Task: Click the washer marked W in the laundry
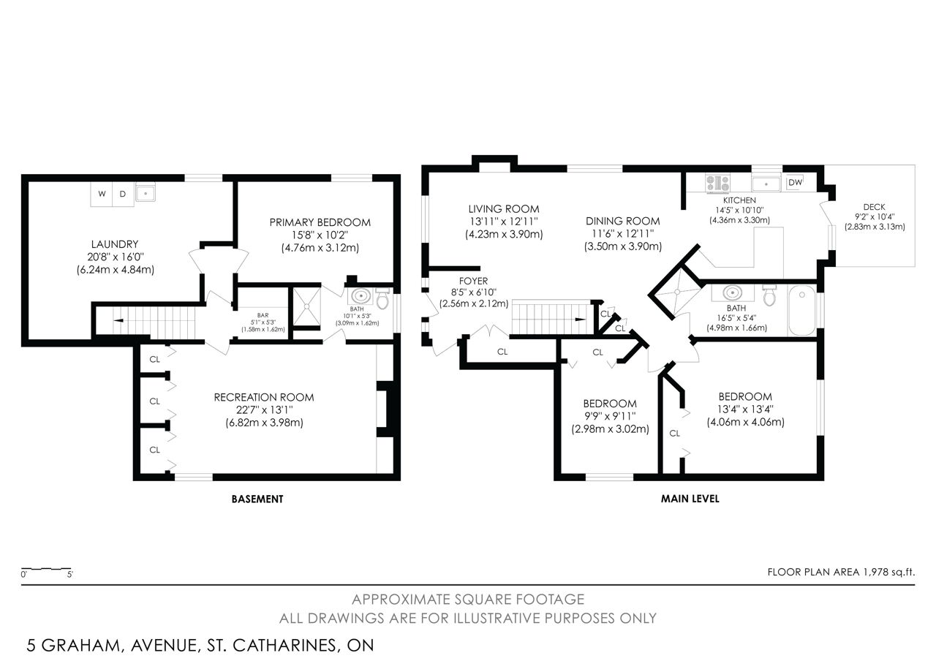pos(102,194)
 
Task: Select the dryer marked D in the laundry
pos(124,194)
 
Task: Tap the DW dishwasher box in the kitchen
pos(795,183)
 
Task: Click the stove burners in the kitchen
pos(717,184)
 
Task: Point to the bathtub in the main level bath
pos(802,310)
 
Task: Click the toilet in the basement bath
pos(382,298)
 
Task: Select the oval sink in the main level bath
pos(733,292)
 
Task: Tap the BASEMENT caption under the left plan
pos(257,499)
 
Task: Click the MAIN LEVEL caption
pos(690,499)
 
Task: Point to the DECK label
pos(874,207)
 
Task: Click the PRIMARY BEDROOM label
pos(320,222)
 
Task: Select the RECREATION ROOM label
pos(264,397)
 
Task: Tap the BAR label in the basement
pos(263,315)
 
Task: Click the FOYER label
pos(473,281)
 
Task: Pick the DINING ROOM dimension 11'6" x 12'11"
pos(622,233)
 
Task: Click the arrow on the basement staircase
pos(118,320)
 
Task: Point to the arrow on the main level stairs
pos(581,320)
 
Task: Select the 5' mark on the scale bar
pos(69,575)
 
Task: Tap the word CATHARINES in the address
pos(284,646)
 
